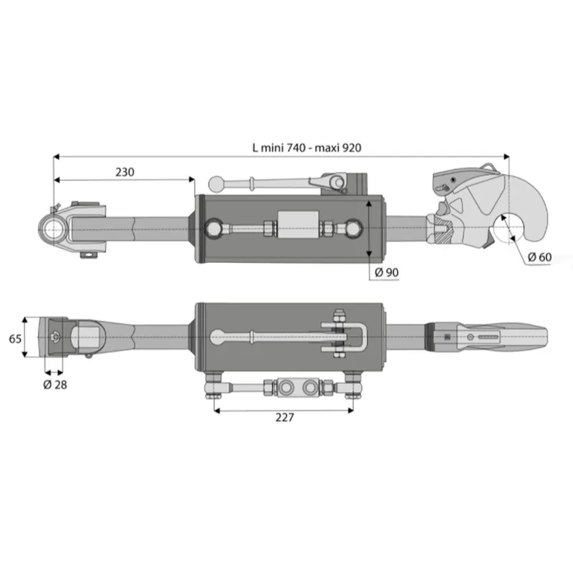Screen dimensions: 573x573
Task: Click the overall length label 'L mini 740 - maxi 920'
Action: click(x=307, y=148)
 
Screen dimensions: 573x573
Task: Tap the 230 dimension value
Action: click(x=125, y=172)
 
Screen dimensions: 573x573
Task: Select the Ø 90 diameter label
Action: click(x=387, y=272)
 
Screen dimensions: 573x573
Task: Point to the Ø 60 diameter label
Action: click(x=539, y=257)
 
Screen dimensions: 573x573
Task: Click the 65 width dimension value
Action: click(x=15, y=339)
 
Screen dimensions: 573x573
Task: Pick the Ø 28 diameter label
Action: click(x=55, y=385)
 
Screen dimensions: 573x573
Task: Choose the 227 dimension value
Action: click(x=284, y=418)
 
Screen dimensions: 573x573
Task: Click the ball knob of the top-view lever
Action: click(x=216, y=183)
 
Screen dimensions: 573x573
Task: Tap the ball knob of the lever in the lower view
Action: click(x=218, y=337)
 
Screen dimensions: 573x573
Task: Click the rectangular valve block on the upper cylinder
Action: click(x=298, y=225)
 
